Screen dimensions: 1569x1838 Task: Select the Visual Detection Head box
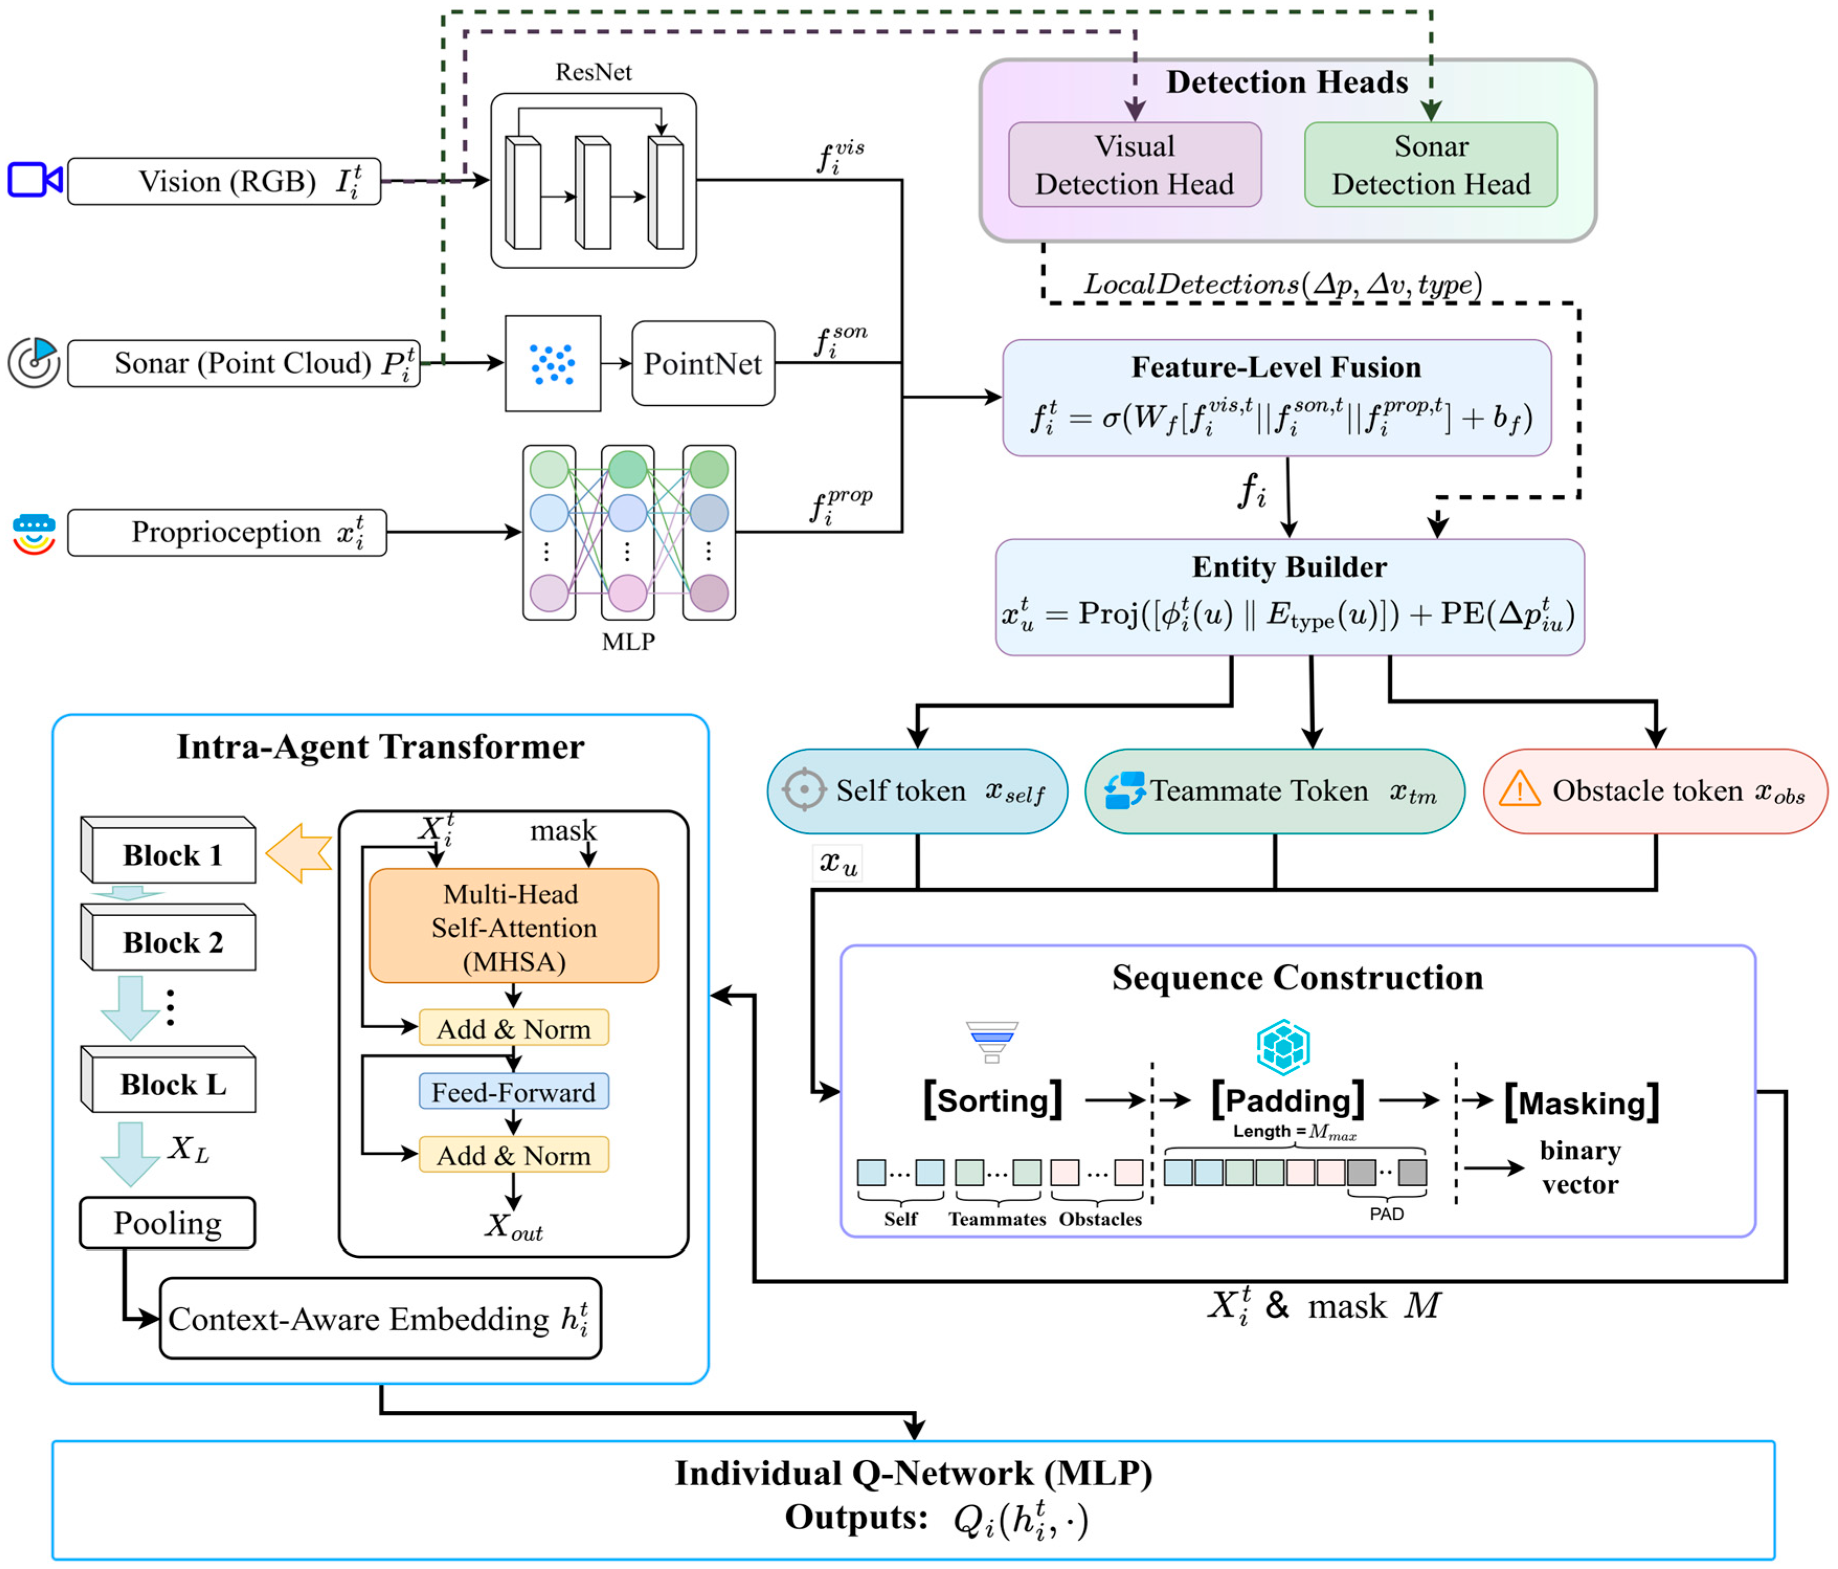(1134, 165)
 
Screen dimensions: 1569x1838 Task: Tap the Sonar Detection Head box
(1430, 165)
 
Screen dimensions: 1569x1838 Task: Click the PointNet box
(703, 363)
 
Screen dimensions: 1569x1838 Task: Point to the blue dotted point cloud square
(552, 363)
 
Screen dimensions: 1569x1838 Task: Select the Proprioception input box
(227, 532)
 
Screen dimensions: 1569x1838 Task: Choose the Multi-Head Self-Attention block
(514, 927)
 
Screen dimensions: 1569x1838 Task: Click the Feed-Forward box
(514, 1092)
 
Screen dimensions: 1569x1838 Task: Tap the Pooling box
(167, 1223)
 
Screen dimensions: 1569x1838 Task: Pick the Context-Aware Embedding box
(380, 1319)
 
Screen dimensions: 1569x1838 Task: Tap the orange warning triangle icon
(1519, 789)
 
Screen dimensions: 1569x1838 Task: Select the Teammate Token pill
(1274, 791)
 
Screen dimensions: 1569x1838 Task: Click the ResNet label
(593, 72)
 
